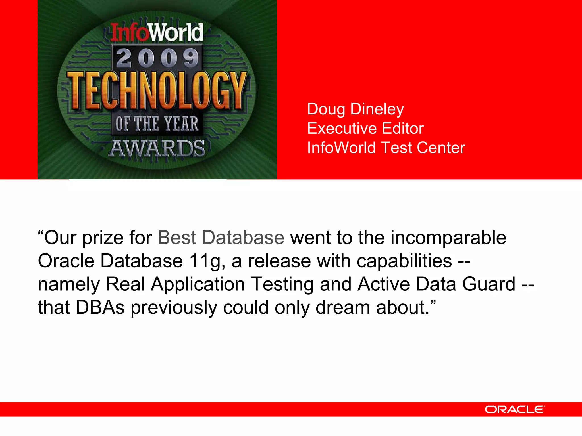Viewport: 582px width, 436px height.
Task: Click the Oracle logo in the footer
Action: click(515, 409)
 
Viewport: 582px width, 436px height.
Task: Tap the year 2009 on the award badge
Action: click(157, 58)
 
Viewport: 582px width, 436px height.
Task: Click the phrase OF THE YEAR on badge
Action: click(157, 124)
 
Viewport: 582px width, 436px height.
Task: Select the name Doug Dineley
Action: click(355, 109)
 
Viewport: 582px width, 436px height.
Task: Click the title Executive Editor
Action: click(365, 128)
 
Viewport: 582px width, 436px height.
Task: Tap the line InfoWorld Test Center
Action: click(386, 148)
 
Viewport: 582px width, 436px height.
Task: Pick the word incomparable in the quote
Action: click(448, 238)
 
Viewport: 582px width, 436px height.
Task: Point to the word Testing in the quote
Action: click(282, 284)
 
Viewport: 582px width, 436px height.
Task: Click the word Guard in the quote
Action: click(489, 284)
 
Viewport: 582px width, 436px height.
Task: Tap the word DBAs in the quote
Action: click(100, 307)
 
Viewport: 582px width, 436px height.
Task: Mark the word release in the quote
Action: click(279, 261)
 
